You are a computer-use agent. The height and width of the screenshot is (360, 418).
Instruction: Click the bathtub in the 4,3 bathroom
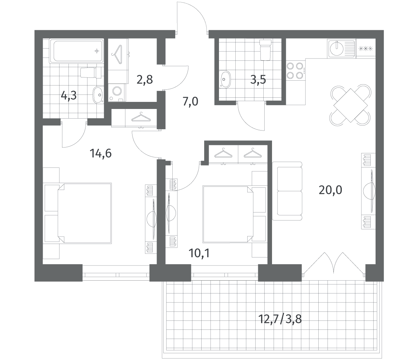coord(77,51)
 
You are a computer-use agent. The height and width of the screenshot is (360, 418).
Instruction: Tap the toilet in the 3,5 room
coord(265,50)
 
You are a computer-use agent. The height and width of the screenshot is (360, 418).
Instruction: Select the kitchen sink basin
coord(337,49)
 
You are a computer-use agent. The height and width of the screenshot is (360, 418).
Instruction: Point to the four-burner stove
coord(295,71)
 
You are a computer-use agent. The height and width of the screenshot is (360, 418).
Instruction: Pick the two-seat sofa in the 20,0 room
coord(287,191)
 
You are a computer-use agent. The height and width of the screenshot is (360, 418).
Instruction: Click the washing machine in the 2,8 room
coord(117,92)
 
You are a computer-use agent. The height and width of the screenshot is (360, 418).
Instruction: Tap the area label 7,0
coord(190,102)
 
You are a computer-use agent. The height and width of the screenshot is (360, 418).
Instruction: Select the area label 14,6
coord(101,153)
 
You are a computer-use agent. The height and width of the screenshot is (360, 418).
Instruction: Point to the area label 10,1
coord(199,253)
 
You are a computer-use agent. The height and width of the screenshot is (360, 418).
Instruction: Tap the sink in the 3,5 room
coord(225,79)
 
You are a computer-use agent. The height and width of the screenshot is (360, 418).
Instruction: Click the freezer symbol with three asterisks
coord(366,49)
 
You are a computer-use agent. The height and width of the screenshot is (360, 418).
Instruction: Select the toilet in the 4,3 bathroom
coord(91,73)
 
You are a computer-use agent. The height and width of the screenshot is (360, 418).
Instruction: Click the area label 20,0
coord(331,190)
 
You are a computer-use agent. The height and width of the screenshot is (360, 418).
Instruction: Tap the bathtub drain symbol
coord(97,51)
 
